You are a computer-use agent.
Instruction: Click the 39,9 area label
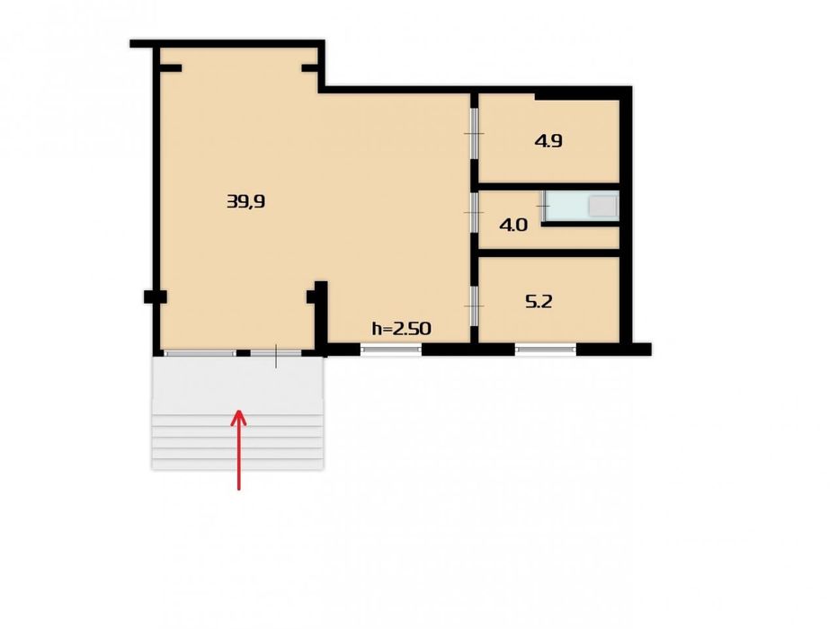click(x=246, y=201)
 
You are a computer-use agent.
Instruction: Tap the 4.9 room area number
click(x=548, y=141)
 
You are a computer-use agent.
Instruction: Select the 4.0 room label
click(x=513, y=225)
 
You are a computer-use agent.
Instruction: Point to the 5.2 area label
click(x=539, y=302)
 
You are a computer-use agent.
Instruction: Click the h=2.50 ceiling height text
click(x=401, y=329)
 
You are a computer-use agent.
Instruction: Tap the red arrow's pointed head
click(x=238, y=417)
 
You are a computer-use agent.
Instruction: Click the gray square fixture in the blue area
click(x=602, y=206)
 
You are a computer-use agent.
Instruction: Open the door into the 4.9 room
click(x=474, y=133)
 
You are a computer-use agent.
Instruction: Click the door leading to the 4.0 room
click(x=474, y=212)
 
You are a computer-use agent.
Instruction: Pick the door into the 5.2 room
click(x=474, y=306)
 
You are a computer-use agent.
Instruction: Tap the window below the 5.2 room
click(x=546, y=350)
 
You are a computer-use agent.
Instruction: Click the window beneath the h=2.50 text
click(x=391, y=350)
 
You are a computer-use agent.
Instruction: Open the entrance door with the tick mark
click(x=276, y=353)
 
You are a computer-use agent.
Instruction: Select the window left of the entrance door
click(x=200, y=353)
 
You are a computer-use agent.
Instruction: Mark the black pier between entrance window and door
click(x=244, y=353)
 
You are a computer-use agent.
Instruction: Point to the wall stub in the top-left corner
click(x=171, y=68)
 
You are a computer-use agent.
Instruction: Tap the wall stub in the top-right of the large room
click(x=310, y=68)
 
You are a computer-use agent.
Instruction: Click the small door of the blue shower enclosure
click(x=544, y=206)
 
